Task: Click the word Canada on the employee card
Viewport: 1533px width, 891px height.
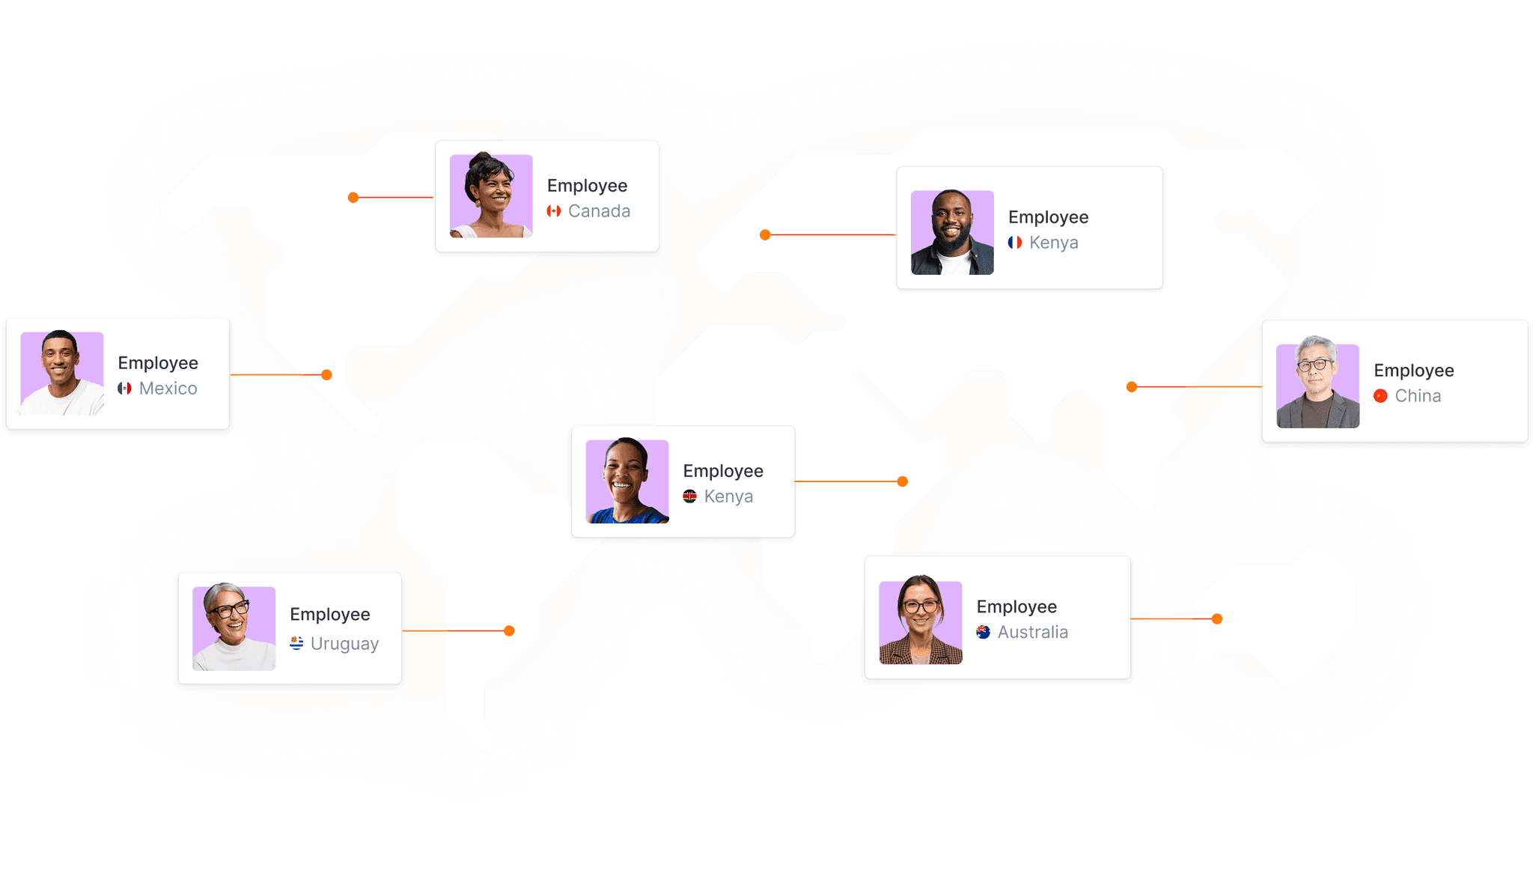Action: [x=599, y=211]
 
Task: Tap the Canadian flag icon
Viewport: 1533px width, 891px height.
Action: [x=554, y=211]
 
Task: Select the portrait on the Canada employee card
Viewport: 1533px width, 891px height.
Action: [x=491, y=196]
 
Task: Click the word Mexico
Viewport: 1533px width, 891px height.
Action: [x=168, y=389]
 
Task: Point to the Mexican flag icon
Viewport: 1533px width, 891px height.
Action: [x=124, y=389]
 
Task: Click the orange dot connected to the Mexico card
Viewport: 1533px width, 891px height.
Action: [x=326, y=374]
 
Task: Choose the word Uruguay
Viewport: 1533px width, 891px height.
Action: [x=344, y=644]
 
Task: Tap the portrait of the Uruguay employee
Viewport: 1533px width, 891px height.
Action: [x=234, y=627]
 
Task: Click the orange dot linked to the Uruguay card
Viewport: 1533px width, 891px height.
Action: [x=509, y=630]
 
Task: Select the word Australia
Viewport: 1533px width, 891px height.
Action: [x=1032, y=632]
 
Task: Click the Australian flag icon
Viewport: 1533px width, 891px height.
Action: [x=984, y=632]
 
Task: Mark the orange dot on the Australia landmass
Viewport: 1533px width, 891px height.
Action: [x=1217, y=618]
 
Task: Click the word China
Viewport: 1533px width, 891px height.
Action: [x=1418, y=396]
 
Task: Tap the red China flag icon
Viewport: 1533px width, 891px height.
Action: [x=1380, y=396]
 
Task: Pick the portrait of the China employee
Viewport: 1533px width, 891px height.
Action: [x=1317, y=386]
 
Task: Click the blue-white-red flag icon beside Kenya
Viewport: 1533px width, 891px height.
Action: [x=1015, y=243]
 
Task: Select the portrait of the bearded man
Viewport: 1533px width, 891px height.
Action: [x=952, y=232]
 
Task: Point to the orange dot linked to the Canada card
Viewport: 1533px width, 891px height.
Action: [x=353, y=198]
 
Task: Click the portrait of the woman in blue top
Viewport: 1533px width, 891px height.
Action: [x=627, y=481]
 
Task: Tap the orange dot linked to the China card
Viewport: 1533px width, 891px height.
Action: [x=1132, y=386]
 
